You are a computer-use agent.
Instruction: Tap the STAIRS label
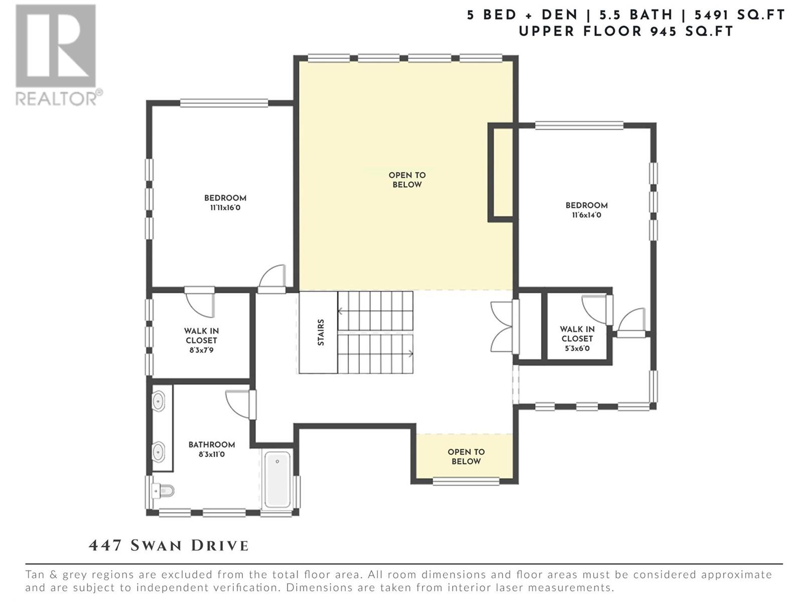pos(321,332)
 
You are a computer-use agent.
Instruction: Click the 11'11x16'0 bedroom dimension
pos(225,208)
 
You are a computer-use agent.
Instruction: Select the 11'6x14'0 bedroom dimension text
pos(586,215)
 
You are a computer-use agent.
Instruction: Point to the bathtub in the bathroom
pos(278,479)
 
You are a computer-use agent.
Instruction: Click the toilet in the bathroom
pos(163,491)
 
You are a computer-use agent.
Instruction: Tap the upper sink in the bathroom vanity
pos(158,402)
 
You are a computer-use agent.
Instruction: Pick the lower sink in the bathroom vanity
pos(158,452)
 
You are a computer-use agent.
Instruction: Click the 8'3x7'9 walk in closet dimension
pos(201,350)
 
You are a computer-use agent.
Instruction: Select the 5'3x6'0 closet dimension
pos(577,348)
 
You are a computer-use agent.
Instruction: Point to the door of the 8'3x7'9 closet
pos(199,302)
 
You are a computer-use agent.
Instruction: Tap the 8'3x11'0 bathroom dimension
pos(211,455)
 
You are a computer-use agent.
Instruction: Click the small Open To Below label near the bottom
pos(466,457)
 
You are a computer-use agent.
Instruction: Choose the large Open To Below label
pos(407,180)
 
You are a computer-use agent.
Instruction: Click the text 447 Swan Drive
pos(169,545)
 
